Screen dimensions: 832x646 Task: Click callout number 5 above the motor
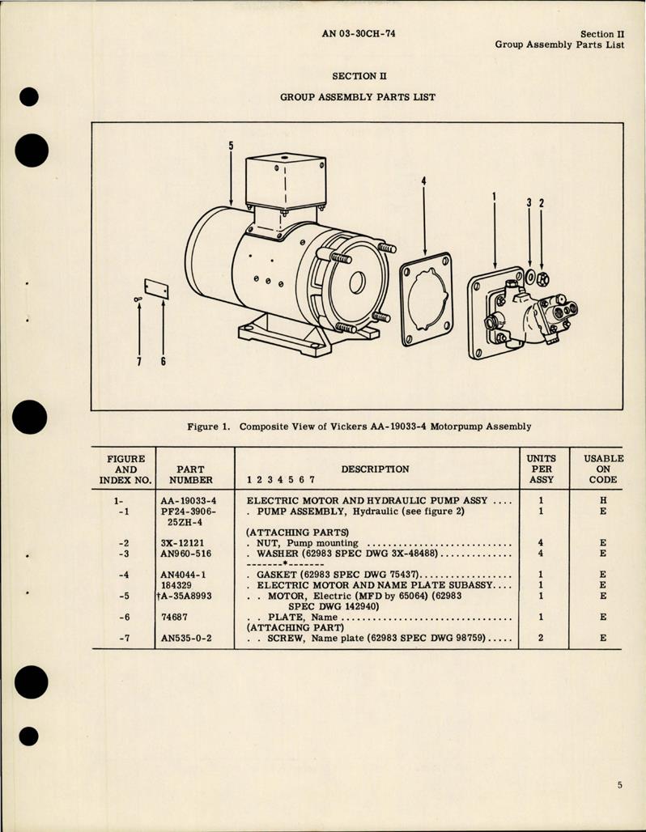[x=231, y=146]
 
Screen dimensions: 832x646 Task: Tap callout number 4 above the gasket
[x=423, y=182]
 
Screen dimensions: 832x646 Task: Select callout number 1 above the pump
[x=495, y=197]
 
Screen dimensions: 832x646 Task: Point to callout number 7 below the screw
[x=139, y=361]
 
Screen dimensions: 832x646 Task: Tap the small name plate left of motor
[x=155, y=289]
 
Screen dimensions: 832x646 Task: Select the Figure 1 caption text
[x=357, y=427]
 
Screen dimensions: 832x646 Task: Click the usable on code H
[x=603, y=500]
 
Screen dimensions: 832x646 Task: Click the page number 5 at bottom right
[x=618, y=784]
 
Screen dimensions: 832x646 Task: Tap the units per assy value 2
[x=542, y=637]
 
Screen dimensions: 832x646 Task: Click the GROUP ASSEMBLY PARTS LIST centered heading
[x=357, y=96]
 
